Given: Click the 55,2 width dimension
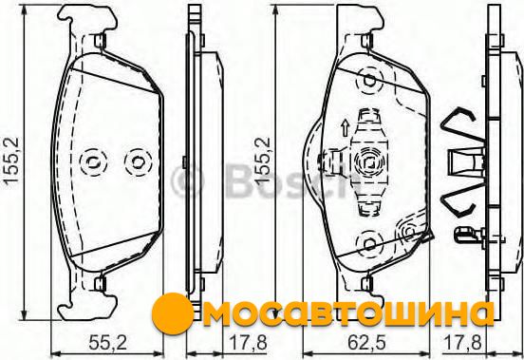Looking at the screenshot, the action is (107, 342).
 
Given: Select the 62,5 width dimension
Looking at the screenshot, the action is (366, 342).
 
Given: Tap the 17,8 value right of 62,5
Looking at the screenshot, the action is (463, 342).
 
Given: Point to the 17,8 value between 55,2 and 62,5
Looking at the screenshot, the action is (248, 342).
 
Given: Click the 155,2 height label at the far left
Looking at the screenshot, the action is (12, 161).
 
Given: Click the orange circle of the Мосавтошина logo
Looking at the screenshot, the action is (173, 313).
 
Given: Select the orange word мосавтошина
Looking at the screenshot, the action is (347, 314).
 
